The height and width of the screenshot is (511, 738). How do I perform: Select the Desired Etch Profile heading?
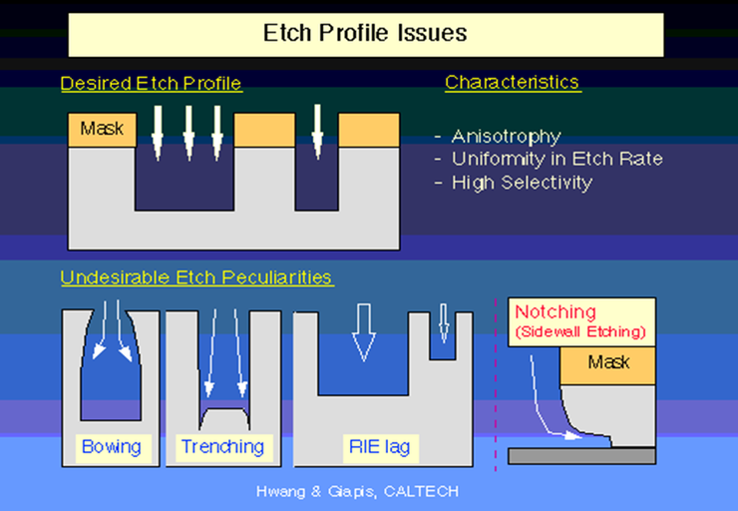click(152, 84)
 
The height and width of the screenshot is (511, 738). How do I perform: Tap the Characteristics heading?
click(513, 82)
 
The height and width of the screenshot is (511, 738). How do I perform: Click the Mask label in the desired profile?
click(102, 129)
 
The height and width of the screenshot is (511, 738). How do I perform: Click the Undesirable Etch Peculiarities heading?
click(196, 277)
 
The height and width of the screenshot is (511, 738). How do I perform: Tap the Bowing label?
click(111, 446)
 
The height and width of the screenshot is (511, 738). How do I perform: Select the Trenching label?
click(222, 446)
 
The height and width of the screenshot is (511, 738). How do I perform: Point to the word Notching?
click(556, 312)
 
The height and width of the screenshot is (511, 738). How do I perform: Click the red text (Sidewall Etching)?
click(580, 331)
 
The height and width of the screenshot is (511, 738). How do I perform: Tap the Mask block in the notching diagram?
click(607, 361)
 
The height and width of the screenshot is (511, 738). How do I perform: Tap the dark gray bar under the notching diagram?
click(581, 456)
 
